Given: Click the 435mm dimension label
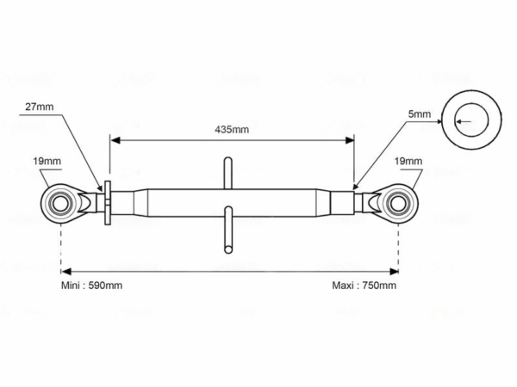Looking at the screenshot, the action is click(232, 129).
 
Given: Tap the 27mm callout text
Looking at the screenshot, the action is click(40, 107).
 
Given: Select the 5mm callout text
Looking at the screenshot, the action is click(419, 114).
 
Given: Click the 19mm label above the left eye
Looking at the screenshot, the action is click(47, 162).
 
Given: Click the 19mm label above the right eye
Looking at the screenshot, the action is click(408, 162).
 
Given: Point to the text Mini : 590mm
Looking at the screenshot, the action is click(91, 286).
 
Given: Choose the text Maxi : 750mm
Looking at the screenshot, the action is click(364, 286).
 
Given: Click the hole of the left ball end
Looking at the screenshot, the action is click(60, 204).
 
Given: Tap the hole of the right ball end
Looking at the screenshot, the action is click(399, 204).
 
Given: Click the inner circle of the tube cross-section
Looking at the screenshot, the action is click(471, 104).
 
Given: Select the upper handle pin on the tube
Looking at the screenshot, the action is click(227, 173).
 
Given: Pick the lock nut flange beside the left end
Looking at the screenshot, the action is click(108, 203).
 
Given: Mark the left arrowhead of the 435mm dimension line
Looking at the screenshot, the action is click(115, 140).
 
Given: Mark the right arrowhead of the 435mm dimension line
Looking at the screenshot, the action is click(350, 140).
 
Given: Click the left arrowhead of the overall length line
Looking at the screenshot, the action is click(66, 272).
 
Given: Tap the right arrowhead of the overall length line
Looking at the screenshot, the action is click(394, 272).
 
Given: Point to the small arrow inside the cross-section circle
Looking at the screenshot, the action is click(464, 122).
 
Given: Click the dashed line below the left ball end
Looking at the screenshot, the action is click(61, 248).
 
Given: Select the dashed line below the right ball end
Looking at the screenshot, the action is click(399, 248).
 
